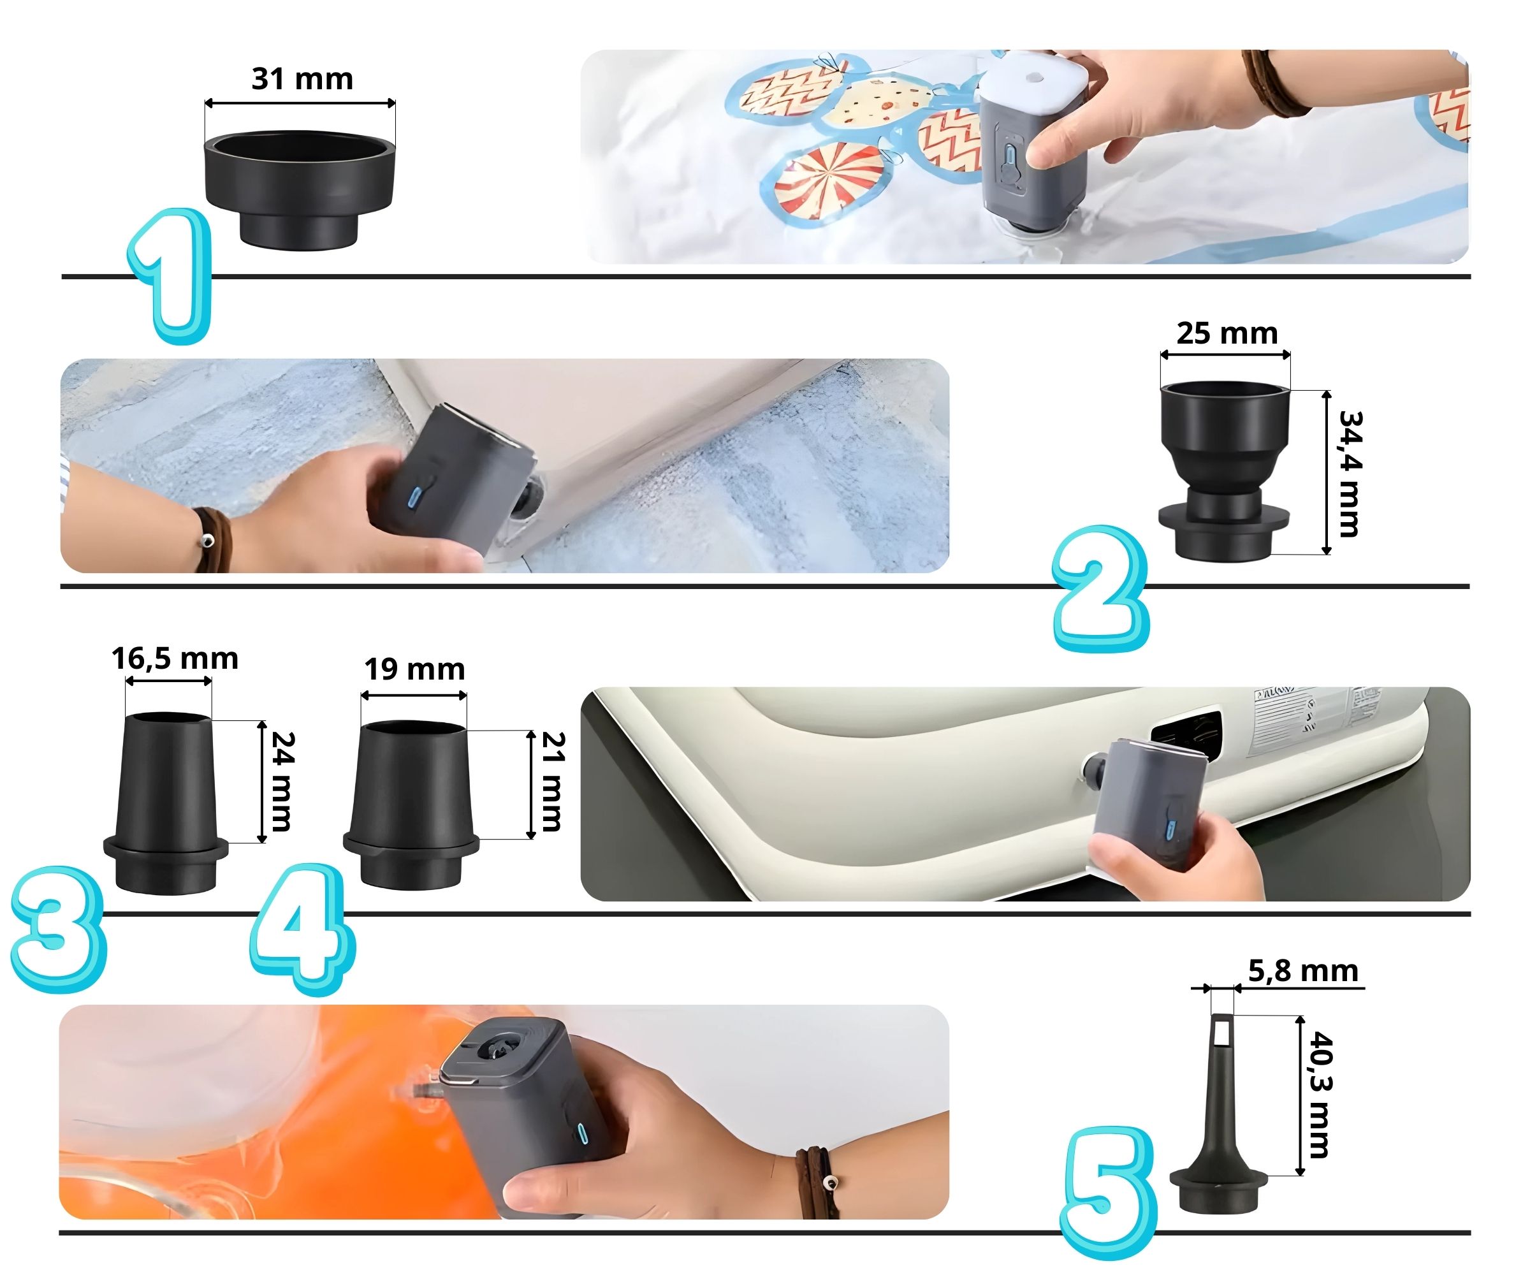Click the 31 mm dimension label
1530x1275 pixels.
[x=302, y=78]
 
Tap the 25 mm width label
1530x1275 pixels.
[x=1227, y=333]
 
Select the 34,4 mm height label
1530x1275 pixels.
[x=1350, y=474]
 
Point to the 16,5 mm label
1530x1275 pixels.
[x=175, y=659]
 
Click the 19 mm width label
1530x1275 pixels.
[x=414, y=669]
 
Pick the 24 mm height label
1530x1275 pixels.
[x=282, y=781]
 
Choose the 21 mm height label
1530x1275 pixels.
[x=553, y=781]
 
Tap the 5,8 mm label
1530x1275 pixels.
[x=1302, y=971]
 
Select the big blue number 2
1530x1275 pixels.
[x=1100, y=588]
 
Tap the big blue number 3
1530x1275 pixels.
[x=58, y=929]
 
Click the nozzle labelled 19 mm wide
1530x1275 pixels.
[x=411, y=805]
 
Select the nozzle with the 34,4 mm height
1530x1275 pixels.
[x=1224, y=470]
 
